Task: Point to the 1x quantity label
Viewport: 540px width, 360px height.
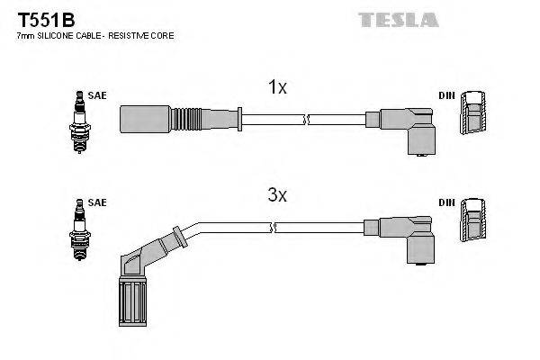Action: [x=277, y=87]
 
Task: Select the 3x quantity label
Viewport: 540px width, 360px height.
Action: [x=277, y=194]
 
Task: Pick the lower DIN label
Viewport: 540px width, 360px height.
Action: [x=446, y=203]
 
